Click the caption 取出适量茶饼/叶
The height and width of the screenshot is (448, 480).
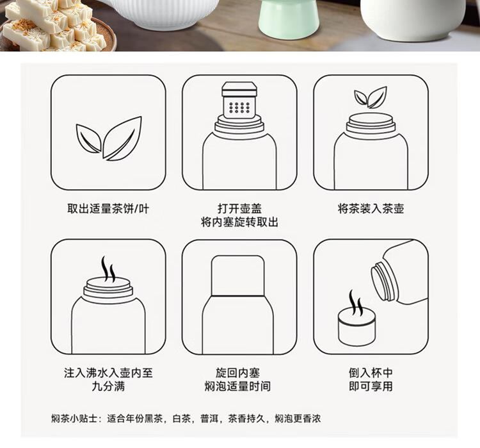point(108,209)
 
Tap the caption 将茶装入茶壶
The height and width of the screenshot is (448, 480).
point(371,208)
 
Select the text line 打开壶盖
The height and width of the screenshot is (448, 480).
point(240,208)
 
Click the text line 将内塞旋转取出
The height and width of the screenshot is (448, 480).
point(239,222)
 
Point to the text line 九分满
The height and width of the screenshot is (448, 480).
point(108,386)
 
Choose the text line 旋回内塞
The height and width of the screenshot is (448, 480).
point(238,373)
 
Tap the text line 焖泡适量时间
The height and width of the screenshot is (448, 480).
point(238,386)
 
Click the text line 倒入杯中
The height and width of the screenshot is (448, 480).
point(371,373)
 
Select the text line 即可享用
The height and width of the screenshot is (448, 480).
point(371,386)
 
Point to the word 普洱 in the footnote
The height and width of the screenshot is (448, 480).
point(209,419)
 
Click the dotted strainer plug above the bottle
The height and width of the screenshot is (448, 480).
point(239,102)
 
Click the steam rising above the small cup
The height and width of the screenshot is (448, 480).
point(356,303)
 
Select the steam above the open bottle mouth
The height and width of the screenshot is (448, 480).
point(108,269)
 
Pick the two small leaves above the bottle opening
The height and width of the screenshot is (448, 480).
point(371,97)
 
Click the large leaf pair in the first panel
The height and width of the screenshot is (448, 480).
point(109,138)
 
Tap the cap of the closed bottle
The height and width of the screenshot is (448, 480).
point(238,276)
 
